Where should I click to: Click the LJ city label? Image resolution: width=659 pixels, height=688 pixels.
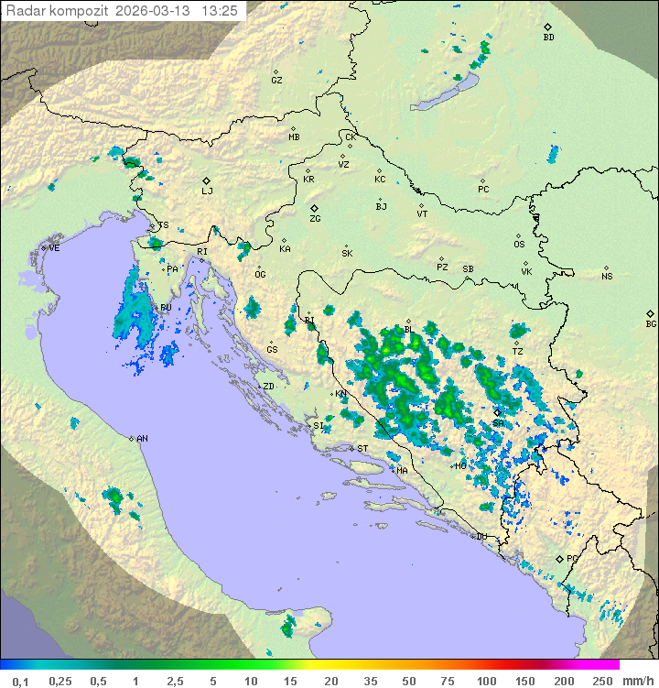click(x=207, y=191)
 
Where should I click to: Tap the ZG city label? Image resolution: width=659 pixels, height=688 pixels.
click(x=315, y=220)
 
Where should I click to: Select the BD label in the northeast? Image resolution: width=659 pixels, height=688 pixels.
click(x=548, y=38)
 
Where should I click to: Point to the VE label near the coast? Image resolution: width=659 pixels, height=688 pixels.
click(x=54, y=248)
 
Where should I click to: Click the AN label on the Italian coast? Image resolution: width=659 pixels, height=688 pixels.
click(x=142, y=440)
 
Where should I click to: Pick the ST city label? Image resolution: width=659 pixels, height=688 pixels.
click(x=362, y=449)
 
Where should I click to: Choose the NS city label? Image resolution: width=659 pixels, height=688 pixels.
click(x=607, y=277)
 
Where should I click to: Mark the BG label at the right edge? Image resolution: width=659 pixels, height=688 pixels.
click(x=651, y=324)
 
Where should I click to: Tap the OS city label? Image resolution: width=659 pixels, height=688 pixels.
click(x=519, y=245)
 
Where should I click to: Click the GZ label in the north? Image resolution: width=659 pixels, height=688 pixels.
click(x=276, y=81)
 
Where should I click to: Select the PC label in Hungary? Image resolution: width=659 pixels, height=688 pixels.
click(x=483, y=190)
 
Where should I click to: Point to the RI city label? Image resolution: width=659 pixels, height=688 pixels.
click(x=202, y=252)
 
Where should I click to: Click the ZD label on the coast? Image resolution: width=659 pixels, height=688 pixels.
click(x=268, y=387)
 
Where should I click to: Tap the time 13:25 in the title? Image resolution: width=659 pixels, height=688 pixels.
click(x=220, y=11)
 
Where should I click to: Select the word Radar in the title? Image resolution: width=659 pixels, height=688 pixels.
click(x=24, y=11)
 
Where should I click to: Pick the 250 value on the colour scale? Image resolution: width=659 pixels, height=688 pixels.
click(x=602, y=680)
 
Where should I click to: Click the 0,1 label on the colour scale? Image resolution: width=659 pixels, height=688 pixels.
click(x=20, y=680)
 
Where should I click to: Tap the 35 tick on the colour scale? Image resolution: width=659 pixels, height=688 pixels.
click(x=370, y=680)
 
